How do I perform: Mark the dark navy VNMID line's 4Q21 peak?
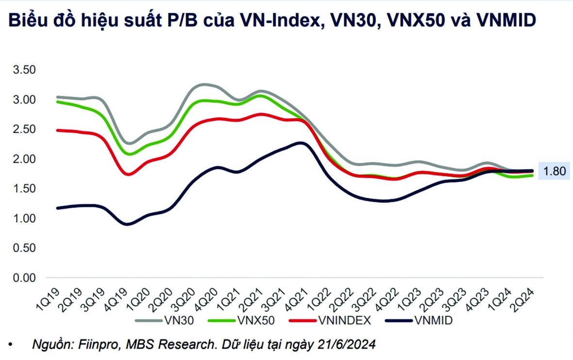tap(301, 143)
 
